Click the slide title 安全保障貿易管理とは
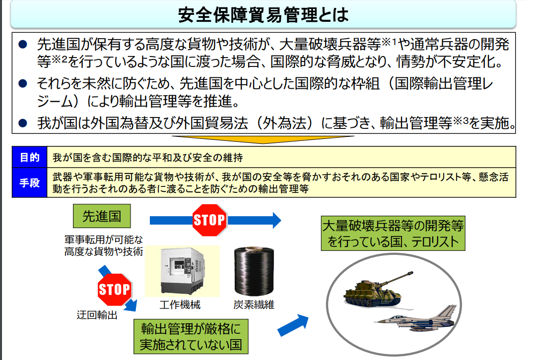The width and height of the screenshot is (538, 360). (x=263, y=15)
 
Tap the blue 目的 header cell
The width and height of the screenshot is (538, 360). (x=29, y=157)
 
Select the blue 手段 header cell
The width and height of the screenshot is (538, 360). (x=29, y=183)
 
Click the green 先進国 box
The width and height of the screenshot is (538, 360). (x=102, y=216)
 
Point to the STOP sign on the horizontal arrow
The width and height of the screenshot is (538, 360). (x=209, y=220)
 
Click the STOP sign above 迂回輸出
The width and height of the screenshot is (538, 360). (x=115, y=290)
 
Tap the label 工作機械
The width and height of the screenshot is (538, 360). (x=180, y=304)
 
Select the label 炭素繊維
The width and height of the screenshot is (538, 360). (x=254, y=304)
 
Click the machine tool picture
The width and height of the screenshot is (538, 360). (x=183, y=271)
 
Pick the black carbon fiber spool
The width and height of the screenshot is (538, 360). (x=254, y=271)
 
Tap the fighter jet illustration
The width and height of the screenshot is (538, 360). (x=416, y=318)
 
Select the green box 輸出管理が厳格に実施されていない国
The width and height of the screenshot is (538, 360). (x=191, y=337)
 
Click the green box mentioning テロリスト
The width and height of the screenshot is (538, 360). (x=393, y=233)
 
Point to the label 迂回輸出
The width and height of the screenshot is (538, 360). (x=97, y=315)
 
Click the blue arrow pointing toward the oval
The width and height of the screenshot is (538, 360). (x=293, y=325)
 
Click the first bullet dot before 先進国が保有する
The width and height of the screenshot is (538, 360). (x=23, y=44)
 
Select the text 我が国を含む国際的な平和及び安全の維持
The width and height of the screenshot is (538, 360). (x=147, y=157)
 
